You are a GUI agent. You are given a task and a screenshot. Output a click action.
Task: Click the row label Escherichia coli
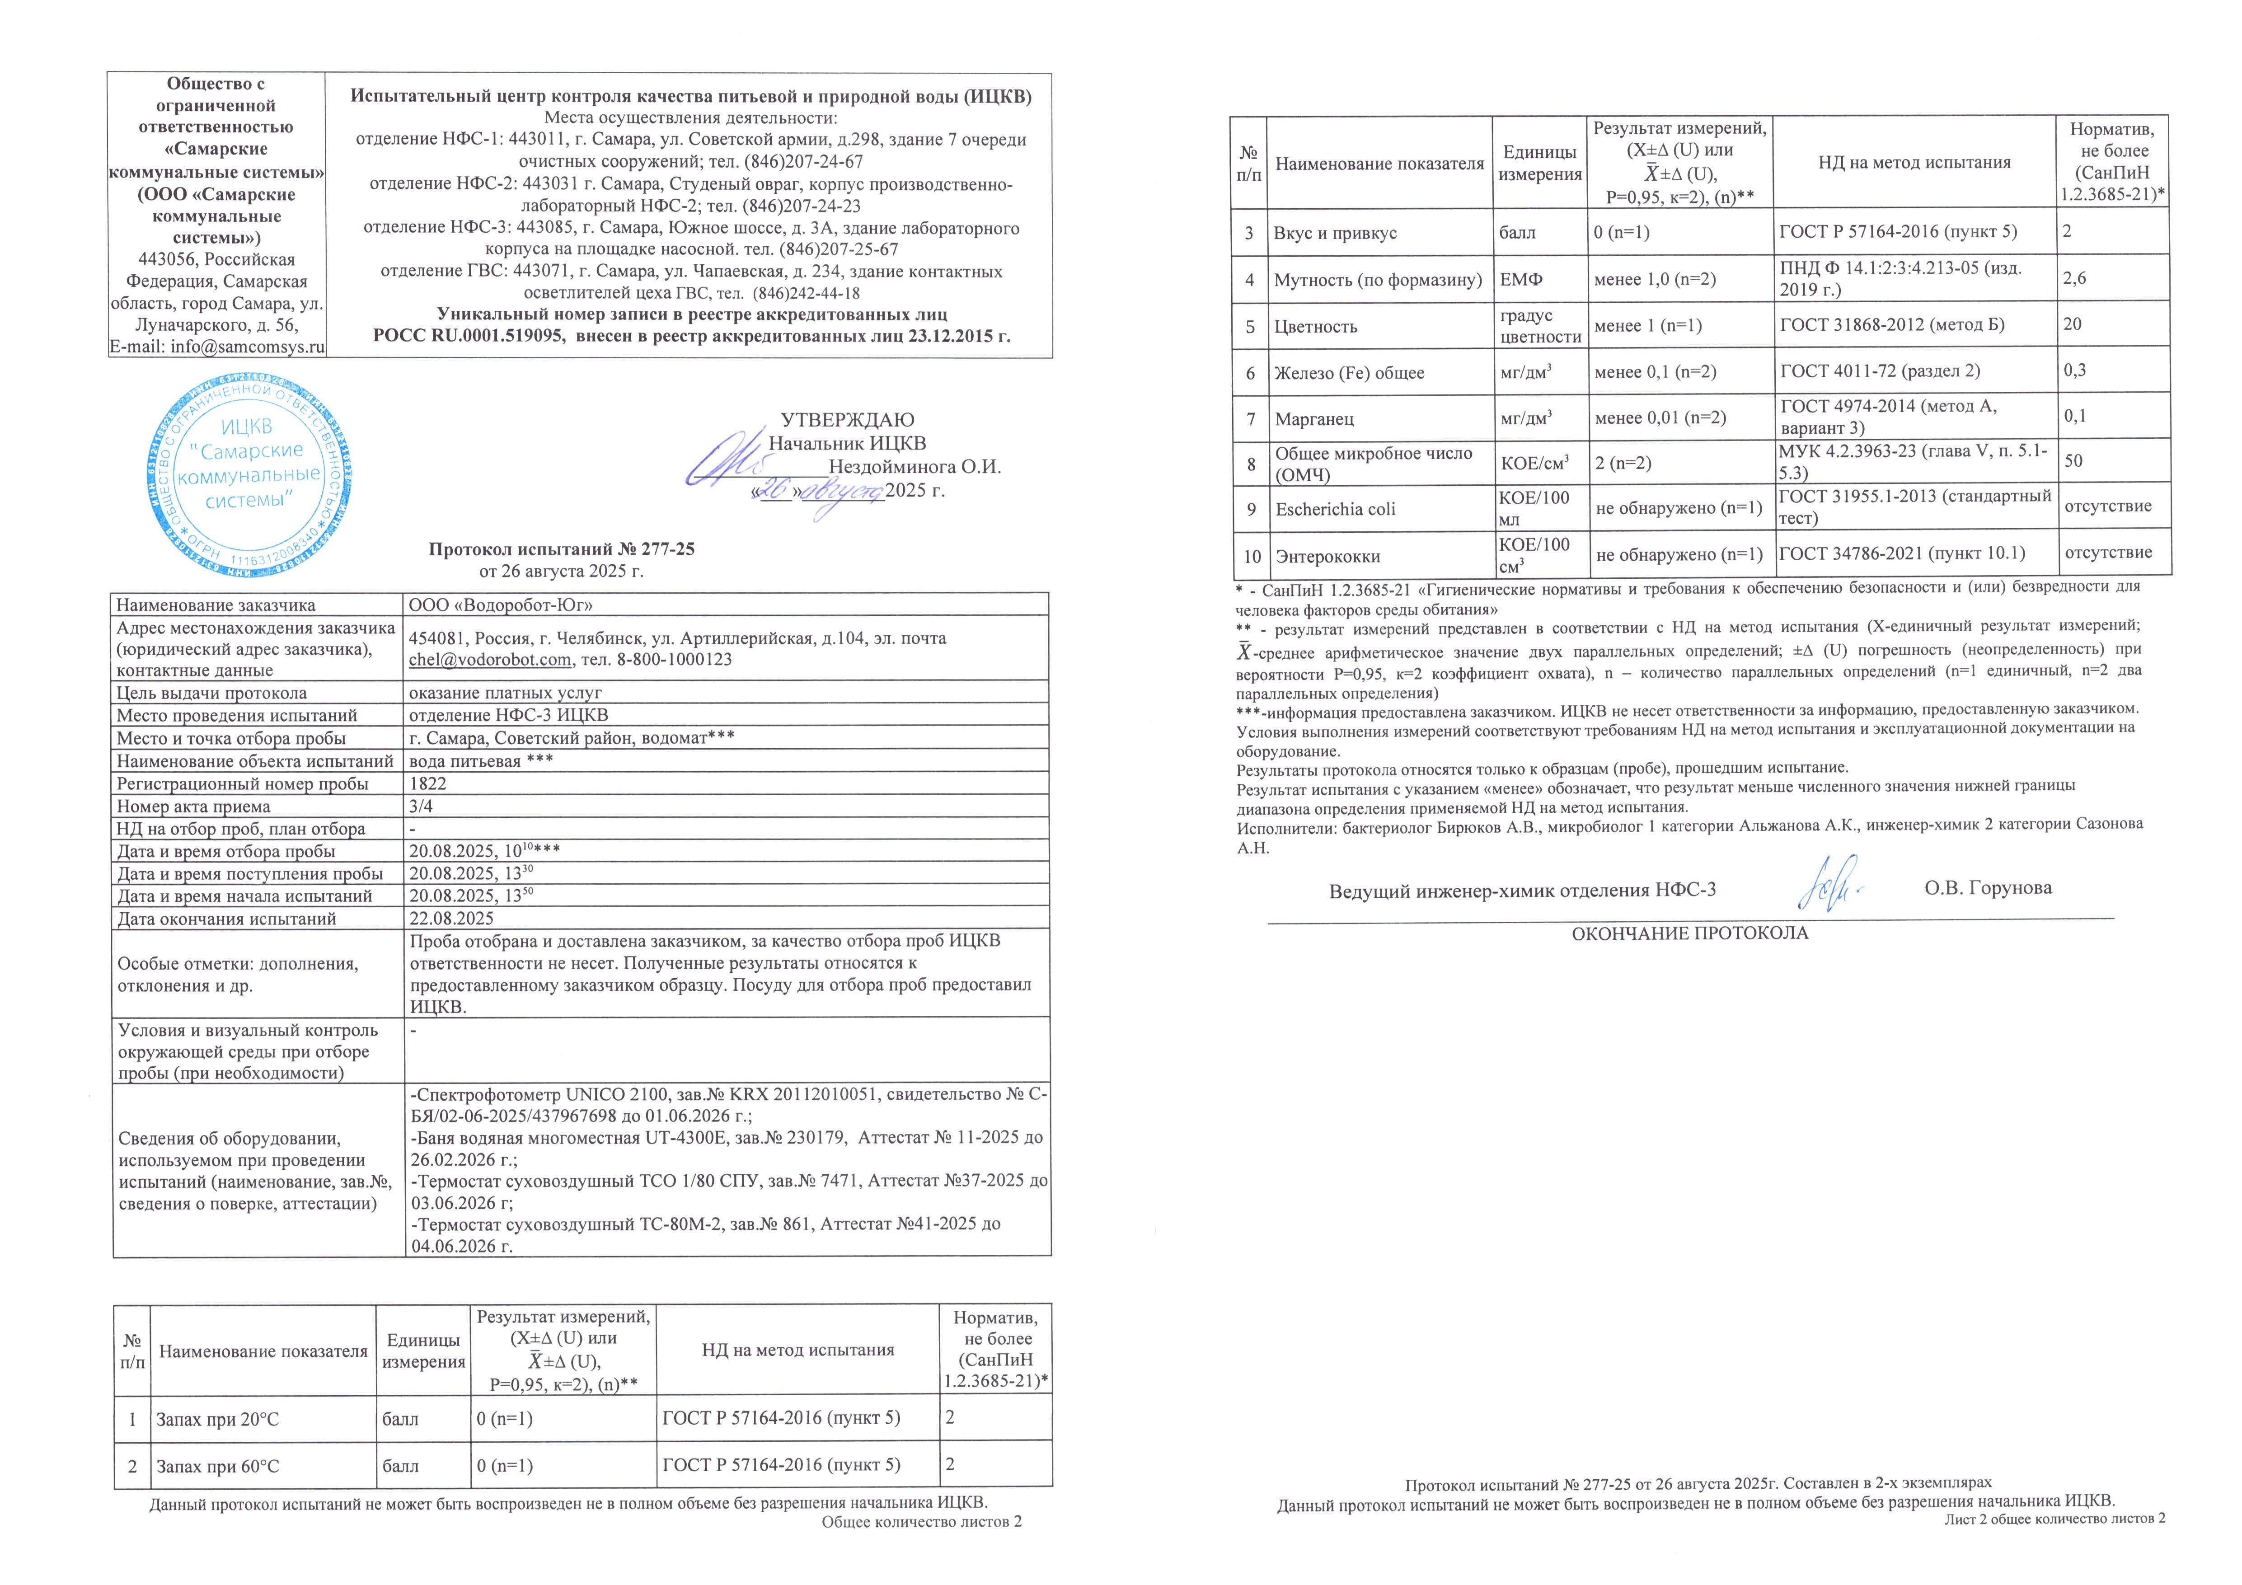coord(1335,509)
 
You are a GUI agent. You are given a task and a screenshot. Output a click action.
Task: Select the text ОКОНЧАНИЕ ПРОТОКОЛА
coord(1689,933)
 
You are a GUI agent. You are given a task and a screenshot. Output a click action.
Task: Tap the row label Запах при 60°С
coord(218,1466)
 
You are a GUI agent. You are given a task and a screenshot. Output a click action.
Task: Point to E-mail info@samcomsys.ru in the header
coord(217,347)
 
